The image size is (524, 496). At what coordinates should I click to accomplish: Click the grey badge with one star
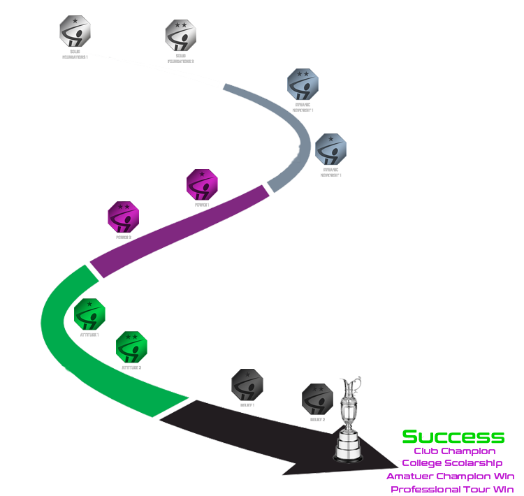tap(75, 36)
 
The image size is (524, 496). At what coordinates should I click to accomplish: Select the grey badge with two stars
tap(180, 40)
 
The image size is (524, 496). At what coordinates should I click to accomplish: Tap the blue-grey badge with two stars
tap(303, 88)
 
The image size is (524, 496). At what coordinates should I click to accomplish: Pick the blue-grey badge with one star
tap(330, 153)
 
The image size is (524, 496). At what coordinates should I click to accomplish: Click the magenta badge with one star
tap(202, 187)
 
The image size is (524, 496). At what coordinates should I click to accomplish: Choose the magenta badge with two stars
tap(123, 219)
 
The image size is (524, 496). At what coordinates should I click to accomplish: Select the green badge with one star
tap(89, 316)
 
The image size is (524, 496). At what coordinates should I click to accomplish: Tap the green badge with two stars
tap(131, 349)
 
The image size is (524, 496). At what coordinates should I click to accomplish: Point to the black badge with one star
tap(247, 386)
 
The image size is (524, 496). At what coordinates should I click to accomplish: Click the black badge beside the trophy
tap(317, 402)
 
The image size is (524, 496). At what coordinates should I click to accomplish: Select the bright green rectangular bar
tap(453, 437)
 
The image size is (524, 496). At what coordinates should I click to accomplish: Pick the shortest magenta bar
tap(455, 451)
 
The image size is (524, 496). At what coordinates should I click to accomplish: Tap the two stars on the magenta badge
tap(123, 207)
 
